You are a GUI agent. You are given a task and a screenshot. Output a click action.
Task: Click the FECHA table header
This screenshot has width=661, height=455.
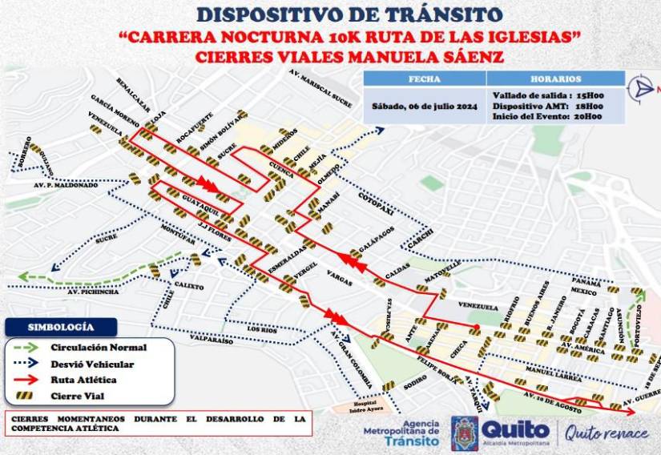(425, 79)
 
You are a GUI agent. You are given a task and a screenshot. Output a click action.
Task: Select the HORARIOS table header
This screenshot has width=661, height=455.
(555, 79)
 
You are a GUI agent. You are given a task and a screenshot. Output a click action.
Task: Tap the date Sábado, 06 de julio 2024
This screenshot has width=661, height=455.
(425, 107)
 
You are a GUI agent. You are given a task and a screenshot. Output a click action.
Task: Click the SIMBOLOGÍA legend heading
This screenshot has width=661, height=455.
(61, 327)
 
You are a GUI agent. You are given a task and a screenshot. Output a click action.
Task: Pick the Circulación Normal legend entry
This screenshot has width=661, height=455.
(99, 348)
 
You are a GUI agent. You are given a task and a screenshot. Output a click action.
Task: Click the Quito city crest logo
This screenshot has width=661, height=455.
(461, 433)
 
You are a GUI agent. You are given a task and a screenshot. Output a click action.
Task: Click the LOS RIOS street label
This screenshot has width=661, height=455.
(264, 329)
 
